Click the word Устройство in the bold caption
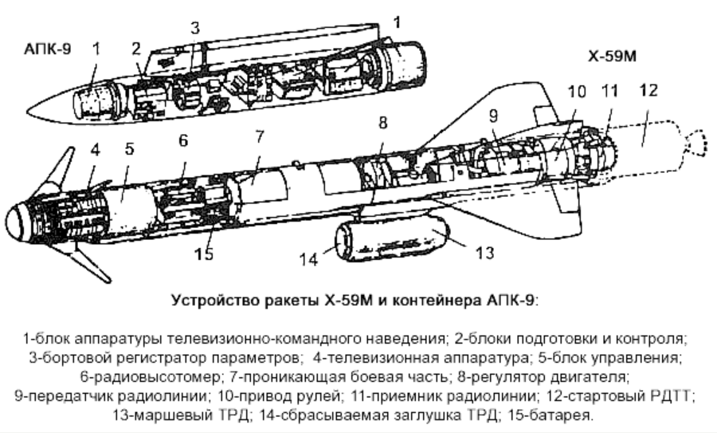[x=210, y=301]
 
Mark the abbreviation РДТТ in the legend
[x=672, y=395]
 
